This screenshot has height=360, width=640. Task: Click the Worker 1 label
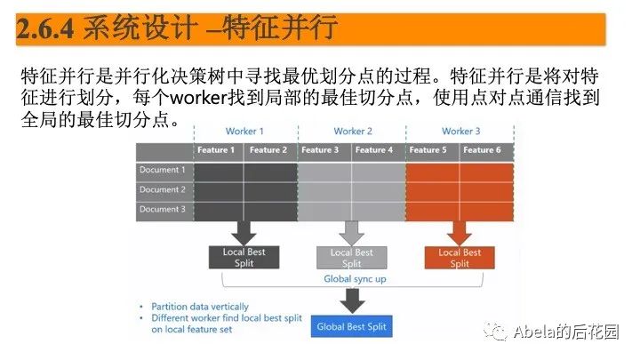(244, 132)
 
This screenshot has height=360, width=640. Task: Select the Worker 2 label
(353, 132)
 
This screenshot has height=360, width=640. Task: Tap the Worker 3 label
(460, 132)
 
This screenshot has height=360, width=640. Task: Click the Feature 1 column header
(217, 150)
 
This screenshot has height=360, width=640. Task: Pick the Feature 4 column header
(374, 150)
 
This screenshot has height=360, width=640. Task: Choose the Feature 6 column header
(482, 150)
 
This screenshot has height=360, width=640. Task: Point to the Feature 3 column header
(320, 150)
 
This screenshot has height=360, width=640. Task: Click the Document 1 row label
(162, 170)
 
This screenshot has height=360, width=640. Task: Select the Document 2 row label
(162, 189)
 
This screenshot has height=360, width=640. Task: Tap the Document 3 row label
(162, 209)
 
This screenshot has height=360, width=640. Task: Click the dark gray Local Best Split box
(244, 258)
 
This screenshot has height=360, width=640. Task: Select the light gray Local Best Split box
(352, 258)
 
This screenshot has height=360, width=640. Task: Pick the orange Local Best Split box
(460, 258)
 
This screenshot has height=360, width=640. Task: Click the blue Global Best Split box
(352, 327)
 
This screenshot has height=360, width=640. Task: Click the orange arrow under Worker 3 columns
(460, 233)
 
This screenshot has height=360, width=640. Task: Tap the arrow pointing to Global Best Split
(352, 302)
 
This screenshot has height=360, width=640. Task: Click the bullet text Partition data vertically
(199, 307)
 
